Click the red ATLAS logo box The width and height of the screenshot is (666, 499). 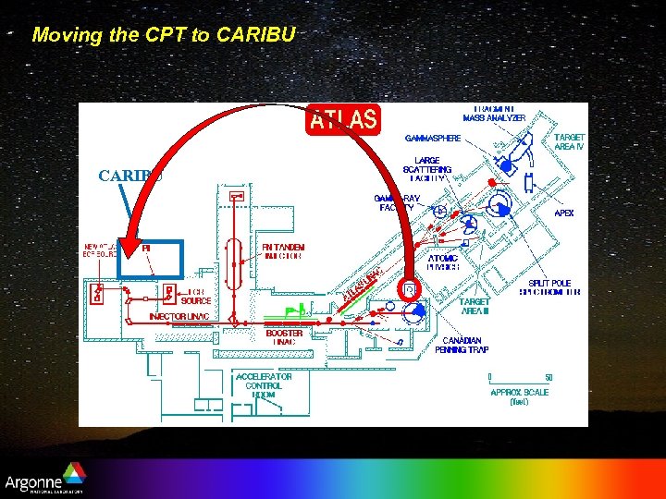tap(342, 119)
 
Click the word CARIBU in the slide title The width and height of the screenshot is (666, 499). tap(255, 35)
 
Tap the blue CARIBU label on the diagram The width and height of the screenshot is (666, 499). tap(130, 176)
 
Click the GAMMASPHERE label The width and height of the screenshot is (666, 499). tap(432, 139)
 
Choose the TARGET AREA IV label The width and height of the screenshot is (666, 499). tap(569, 141)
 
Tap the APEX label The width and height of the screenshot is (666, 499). tap(563, 213)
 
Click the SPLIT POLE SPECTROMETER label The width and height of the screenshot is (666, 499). tap(554, 287)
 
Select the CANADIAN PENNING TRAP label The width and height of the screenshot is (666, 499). tap(462, 345)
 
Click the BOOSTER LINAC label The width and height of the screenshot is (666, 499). tap(284, 338)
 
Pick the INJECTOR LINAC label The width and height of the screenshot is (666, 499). tap(179, 317)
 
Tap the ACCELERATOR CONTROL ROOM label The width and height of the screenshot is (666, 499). tap(264, 385)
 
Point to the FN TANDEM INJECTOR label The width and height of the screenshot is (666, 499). tap(281, 251)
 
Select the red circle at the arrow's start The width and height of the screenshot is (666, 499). tap(411, 290)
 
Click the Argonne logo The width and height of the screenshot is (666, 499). tap(45, 483)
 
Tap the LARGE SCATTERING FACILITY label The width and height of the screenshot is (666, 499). tap(427, 169)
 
